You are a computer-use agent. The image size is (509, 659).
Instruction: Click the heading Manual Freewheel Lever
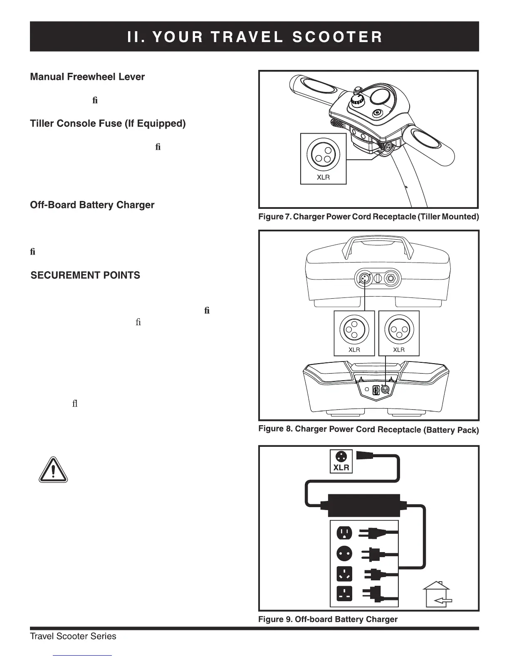(87, 77)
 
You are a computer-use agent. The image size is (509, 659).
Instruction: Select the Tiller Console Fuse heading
(108, 124)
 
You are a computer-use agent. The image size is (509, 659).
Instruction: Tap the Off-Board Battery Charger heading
(92, 205)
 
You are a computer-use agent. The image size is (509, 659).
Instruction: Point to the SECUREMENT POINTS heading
(85, 275)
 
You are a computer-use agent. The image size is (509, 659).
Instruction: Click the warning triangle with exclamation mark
(53, 470)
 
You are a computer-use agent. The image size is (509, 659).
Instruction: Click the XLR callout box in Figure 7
(323, 159)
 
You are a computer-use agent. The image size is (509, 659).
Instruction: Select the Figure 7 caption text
(368, 217)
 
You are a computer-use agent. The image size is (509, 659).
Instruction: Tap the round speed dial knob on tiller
(356, 100)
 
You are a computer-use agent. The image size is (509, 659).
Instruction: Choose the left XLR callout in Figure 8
(354, 333)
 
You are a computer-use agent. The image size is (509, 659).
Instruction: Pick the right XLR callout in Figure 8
(399, 333)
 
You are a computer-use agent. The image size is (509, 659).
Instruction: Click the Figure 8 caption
(368, 429)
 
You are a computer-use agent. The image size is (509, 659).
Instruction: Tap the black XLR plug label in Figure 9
(341, 461)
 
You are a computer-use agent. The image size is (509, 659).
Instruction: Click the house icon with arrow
(437, 594)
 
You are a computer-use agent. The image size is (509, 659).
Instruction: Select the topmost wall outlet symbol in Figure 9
(344, 533)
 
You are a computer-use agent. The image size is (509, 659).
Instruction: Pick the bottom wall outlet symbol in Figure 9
(344, 594)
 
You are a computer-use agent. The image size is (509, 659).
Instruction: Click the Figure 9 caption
(328, 619)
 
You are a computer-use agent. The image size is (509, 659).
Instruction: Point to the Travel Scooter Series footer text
(73, 637)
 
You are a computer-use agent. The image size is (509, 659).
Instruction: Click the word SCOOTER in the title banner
(337, 37)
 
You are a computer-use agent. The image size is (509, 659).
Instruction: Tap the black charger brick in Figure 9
(364, 505)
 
